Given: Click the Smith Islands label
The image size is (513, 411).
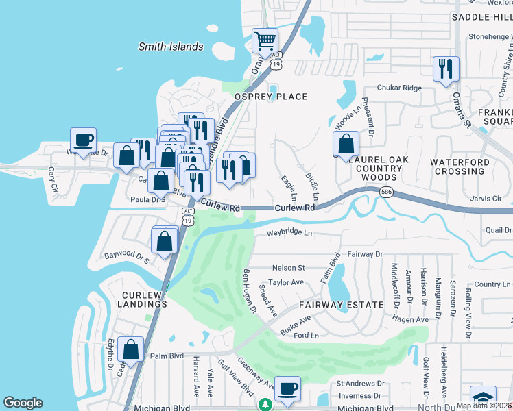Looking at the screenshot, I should pos(171,47).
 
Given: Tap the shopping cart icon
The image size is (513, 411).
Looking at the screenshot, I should pos(265,40).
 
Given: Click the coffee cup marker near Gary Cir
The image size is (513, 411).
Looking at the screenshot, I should pos(84,140).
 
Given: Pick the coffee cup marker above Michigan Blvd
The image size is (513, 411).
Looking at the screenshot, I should pos(288,388).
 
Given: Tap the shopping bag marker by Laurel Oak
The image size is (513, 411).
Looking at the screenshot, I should pos(346,144).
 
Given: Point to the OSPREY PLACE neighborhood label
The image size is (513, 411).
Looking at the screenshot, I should pos(272,97).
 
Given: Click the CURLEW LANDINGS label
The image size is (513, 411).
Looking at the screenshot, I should pos(141,300).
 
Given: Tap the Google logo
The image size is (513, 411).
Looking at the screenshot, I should pos(23,403).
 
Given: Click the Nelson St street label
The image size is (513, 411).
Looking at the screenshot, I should pos(288,268).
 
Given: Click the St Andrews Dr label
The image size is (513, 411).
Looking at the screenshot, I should pos(360,384).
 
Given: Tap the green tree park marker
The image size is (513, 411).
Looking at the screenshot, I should pos(265,405).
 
